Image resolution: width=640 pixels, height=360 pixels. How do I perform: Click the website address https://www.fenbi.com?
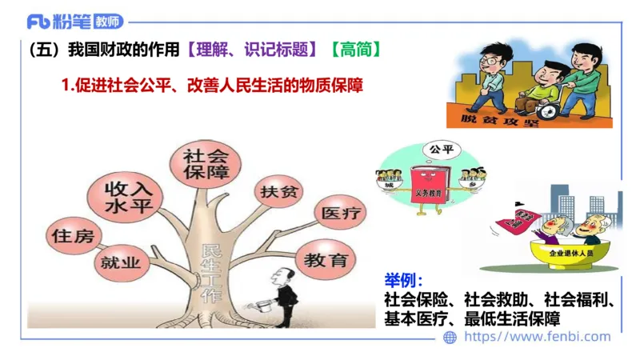tap(537, 337)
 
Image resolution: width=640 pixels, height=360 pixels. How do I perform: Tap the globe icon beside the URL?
tap(450, 338)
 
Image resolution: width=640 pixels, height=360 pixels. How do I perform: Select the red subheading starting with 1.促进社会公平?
tap(212, 84)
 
